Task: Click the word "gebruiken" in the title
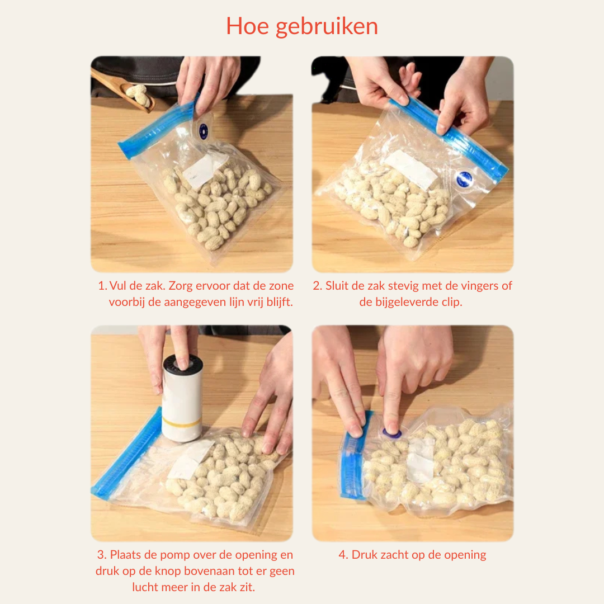327,27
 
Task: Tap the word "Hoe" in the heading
247,26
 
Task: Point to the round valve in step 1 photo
204,131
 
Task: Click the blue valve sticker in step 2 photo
464,179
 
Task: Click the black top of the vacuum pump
182,364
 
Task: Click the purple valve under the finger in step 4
392,434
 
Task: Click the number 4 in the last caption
343,555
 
